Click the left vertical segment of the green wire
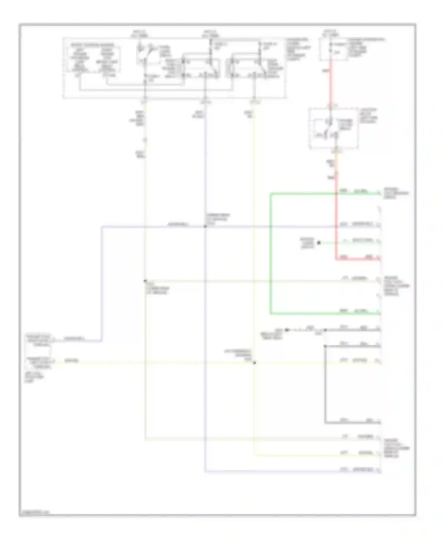click(x=271, y=254)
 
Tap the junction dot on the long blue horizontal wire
click(x=205, y=227)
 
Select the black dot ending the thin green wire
click(x=319, y=243)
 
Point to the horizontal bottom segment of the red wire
click(x=357, y=259)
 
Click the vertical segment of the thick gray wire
click(x=325, y=384)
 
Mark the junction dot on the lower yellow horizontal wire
click(x=254, y=362)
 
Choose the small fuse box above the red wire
click(x=333, y=49)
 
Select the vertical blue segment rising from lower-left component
click(x=102, y=284)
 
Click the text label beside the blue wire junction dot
click(x=218, y=219)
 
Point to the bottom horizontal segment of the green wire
click(x=325, y=313)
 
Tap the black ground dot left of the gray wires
click(x=287, y=330)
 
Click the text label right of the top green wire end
click(x=396, y=193)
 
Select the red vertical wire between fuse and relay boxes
click(x=330, y=83)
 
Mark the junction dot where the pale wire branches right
click(x=145, y=281)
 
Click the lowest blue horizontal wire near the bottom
click(x=292, y=471)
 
